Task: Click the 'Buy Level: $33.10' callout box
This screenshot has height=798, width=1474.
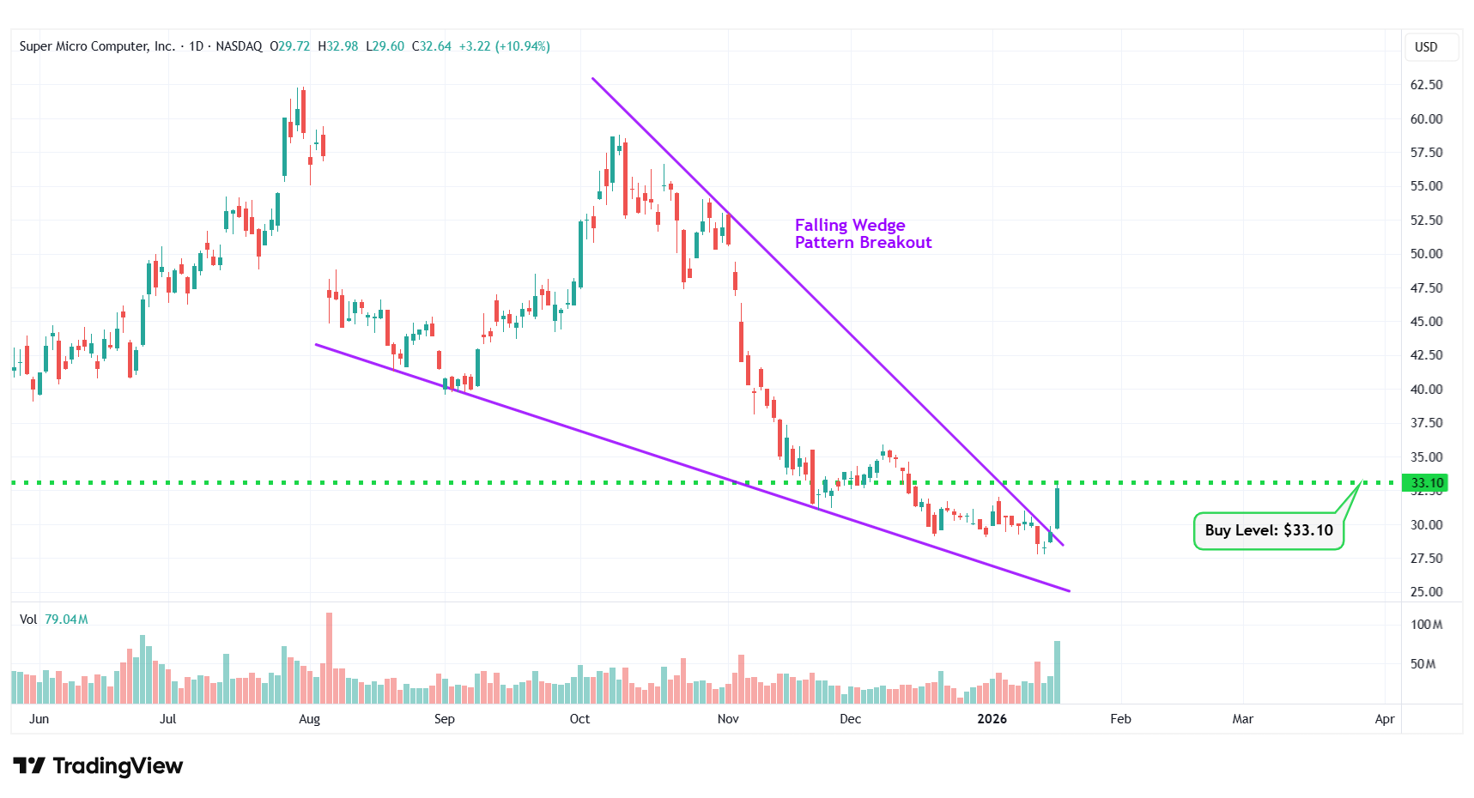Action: point(1268,530)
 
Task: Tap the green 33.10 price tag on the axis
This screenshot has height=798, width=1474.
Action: point(1424,483)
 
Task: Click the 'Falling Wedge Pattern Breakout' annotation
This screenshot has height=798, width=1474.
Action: point(862,233)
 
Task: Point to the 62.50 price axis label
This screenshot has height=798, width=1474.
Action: point(1426,85)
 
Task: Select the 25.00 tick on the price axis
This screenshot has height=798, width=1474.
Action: point(1426,592)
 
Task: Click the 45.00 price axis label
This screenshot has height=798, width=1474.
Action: point(1426,322)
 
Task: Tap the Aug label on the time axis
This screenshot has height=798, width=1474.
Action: point(309,719)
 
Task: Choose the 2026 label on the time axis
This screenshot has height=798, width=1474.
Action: point(992,719)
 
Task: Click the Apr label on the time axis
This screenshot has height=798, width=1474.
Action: point(1384,719)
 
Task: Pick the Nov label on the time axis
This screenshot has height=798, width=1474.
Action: point(728,719)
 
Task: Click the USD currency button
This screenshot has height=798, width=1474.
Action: point(1426,47)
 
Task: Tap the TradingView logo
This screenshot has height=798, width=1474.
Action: point(98,765)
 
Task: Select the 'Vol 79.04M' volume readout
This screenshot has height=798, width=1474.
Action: point(53,620)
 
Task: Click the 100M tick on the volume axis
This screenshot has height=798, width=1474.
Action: point(1426,625)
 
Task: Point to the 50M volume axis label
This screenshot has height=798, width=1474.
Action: point(1422,664)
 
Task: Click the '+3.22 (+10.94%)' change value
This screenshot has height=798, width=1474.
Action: point(504,46)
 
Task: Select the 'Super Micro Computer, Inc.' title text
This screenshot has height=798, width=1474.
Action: point(97,46)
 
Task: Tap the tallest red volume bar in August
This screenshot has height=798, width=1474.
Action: point(329,657)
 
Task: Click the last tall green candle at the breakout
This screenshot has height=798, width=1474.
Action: point(1057,508)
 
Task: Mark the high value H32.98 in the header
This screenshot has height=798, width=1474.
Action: point(337,46)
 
